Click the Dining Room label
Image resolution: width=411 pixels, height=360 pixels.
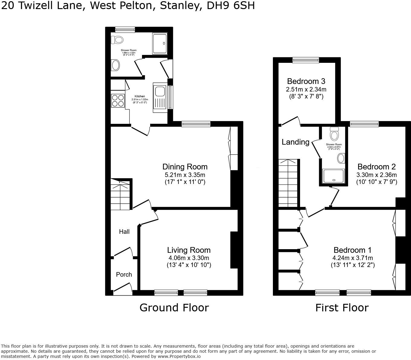pos(185,167)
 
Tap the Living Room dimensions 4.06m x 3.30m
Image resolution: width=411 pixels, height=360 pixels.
pos(189,258)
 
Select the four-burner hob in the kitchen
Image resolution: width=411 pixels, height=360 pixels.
pos(118,100)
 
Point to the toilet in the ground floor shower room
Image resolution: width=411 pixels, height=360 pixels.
pos(117,40)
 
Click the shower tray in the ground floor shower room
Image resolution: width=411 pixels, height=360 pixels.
pos(160,44)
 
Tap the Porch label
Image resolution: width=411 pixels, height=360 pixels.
pos(124,274)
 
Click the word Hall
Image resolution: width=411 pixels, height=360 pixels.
pos(124,232)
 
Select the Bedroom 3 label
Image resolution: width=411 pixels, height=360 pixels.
pos(306,81)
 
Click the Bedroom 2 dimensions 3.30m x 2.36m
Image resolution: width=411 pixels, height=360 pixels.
pos(377,175)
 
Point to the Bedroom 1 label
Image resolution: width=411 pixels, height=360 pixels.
pos(352,250)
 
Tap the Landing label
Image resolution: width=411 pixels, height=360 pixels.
pos(295,142)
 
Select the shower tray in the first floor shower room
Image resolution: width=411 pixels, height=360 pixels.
pos(333,176)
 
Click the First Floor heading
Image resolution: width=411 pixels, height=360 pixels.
pos(342,308)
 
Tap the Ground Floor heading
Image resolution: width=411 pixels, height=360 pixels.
pos(174,308)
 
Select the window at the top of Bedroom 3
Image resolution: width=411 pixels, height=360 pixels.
pos(306,60)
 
